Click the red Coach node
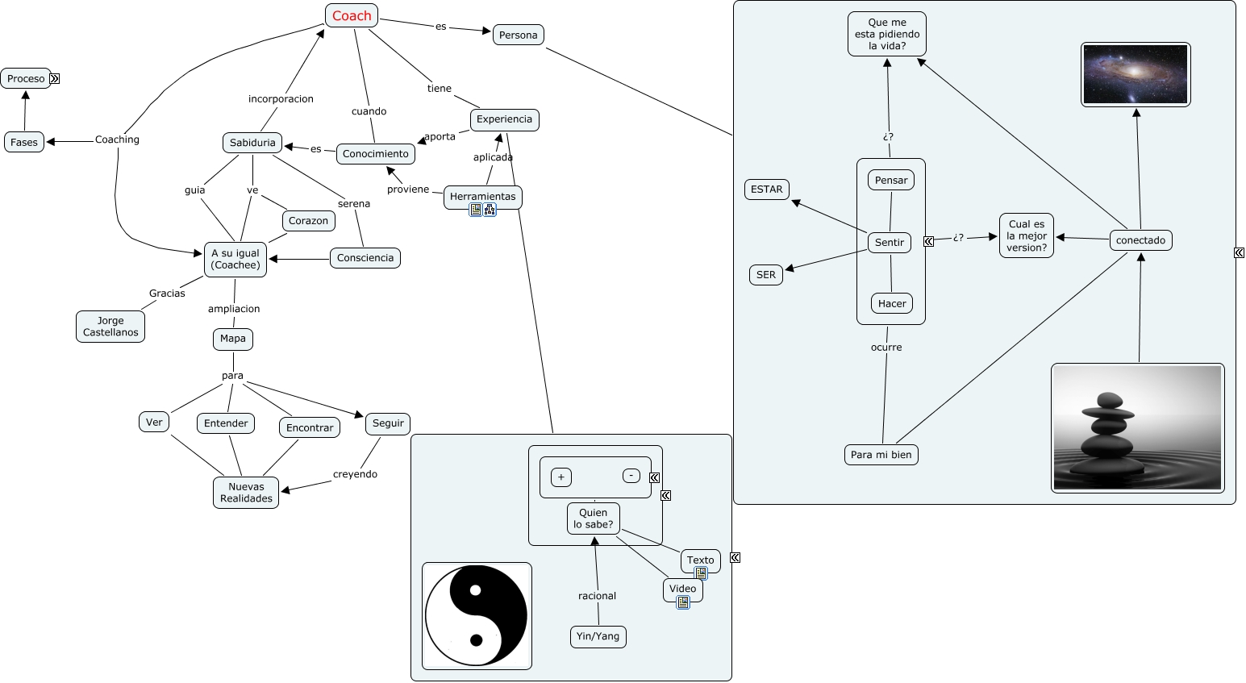click(x=352, y=15)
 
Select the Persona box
click(x=518, y=35)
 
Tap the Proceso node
click(x=26, y=78)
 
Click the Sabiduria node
click(x=252, y=143)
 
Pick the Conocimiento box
click(x=375, y=153)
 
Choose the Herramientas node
click(x=482, y=196)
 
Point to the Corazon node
click(x=308, y=220)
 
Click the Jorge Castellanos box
click(x=110, y=327)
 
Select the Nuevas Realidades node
click(x=246, y=493)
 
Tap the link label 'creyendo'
click(x=355, y=474)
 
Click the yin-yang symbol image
click(x=477, y=616)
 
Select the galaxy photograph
click(x=1136, y=74)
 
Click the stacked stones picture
click(x=1137, y=427)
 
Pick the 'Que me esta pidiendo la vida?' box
click(x=887, y=34)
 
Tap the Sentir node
click(x=890, y=242)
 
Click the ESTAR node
click(x=766, y=189)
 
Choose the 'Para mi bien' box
click(x=881, y=455)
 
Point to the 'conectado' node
click(x=1140, y=240)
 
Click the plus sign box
click(x=561, y=477)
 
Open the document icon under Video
click(x=683, y=602)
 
